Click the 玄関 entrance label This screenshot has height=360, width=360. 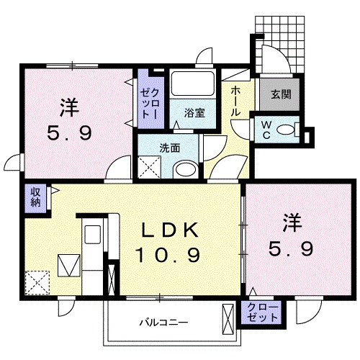281,95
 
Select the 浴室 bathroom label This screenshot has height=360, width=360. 194,113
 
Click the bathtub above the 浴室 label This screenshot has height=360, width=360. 193,84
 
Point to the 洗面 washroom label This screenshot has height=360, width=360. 170,148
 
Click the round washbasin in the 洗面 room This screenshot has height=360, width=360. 186,169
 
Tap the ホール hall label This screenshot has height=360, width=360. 236,102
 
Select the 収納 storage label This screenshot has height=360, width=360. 35,199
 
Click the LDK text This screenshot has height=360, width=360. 170,230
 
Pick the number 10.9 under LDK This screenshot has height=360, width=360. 168,255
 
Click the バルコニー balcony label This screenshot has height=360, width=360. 164,322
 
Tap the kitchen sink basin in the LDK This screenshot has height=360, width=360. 92,235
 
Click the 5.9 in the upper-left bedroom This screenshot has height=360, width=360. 70,133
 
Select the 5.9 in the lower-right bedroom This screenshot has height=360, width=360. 291,249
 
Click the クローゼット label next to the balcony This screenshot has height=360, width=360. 263,312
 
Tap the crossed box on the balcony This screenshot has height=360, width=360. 228,320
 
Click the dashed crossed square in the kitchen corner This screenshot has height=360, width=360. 37,283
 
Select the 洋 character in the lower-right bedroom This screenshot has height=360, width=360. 292,223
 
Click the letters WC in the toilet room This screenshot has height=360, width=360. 266,130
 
